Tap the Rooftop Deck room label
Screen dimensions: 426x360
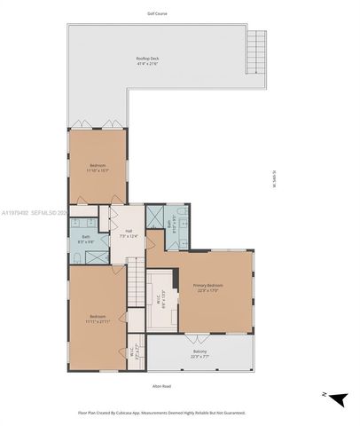147,60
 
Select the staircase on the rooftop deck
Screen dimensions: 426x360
254,43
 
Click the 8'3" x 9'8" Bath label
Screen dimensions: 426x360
86,239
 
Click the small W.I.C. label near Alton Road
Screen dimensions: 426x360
133,351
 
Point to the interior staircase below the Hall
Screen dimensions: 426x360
136,284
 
